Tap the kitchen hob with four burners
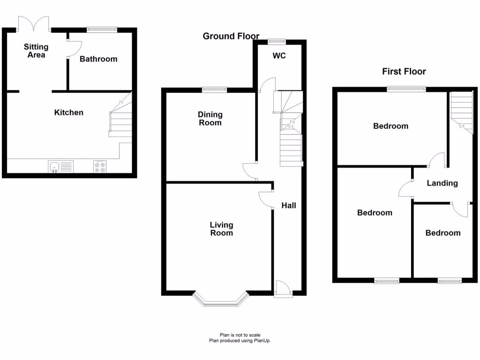click(x=100, y=167)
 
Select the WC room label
click(x=279, y=56)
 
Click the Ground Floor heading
click(x=231, y=36)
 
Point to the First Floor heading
click(x=404, y=71)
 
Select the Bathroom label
click(x=98, y=59)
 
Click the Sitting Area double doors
click(x=34, y=23)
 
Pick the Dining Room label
click(x=210, y=119)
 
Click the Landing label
click(x=442, y=183)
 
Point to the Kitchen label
click(x=69, y=112)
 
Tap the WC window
click(x=277, y=40)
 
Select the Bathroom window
click(x=102, y=29)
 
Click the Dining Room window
click(x=215, y=89)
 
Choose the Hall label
click(x=289, y=205)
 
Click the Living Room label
click(x=221, y=229)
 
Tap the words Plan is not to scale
click(x=240, y=335)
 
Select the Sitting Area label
click(x=36, y=51)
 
